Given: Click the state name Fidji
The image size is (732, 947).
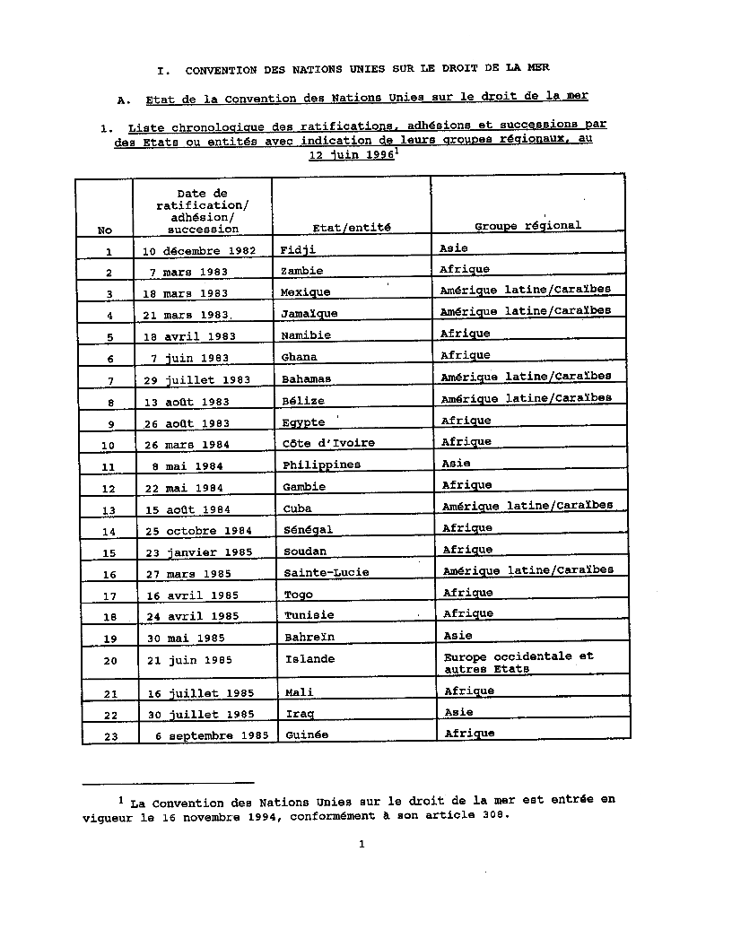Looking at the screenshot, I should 297,249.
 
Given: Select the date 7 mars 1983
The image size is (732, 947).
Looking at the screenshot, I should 190,272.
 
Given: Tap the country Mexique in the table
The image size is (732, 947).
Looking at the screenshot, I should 305,292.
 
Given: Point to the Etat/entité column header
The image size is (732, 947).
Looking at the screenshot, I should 339,228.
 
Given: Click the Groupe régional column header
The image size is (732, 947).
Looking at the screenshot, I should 527,226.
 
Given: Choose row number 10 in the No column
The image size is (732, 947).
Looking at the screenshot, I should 108,445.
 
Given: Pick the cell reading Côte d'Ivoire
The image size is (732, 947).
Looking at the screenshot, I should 328,443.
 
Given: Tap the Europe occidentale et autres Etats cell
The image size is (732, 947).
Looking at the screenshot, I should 518,663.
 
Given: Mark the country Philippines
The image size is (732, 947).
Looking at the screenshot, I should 321,465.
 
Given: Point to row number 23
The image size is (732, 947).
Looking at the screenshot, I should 109,737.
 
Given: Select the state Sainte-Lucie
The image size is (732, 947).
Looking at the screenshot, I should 326,572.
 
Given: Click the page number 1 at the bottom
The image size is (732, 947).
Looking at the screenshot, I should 362,843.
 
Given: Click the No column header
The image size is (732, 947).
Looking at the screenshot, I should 105,230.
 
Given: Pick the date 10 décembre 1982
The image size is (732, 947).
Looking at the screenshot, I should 199,250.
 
